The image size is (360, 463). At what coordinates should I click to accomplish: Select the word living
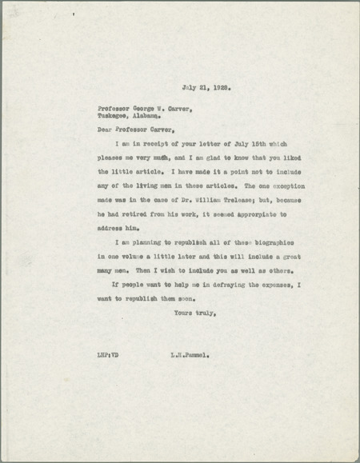click(165, 186)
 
